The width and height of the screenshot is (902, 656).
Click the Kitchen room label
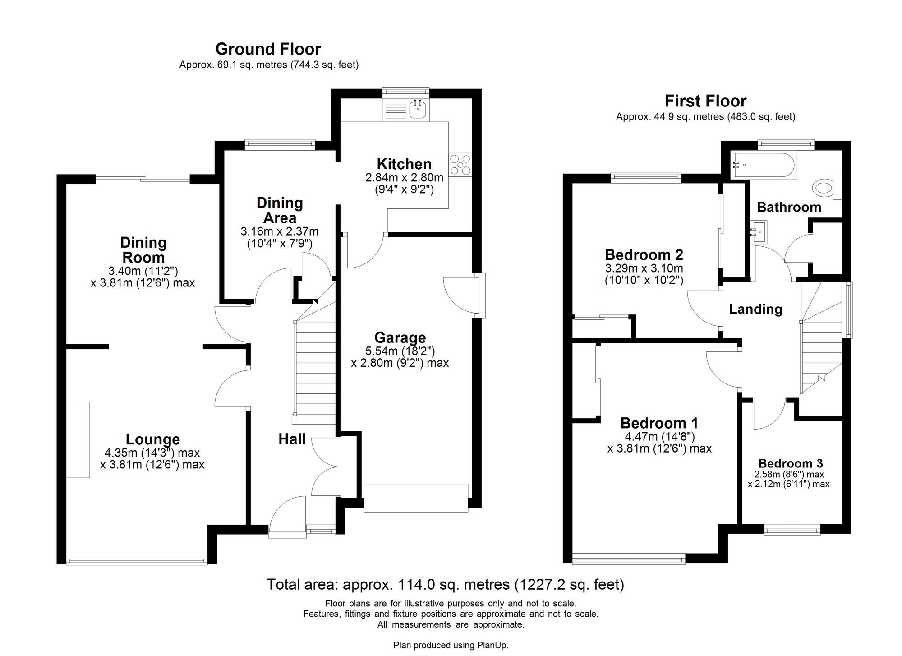404,164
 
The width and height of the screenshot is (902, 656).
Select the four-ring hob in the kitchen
460,165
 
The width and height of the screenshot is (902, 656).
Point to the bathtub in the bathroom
764,165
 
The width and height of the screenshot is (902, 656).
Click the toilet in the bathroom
824,188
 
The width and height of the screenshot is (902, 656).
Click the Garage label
400,337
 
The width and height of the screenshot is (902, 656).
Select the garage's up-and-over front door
415,498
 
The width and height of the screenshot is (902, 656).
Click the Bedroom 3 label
790,463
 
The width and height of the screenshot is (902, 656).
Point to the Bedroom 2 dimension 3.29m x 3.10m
644,268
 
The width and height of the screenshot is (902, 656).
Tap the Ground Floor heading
268,49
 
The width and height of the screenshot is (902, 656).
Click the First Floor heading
705,101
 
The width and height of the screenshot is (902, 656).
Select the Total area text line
445,584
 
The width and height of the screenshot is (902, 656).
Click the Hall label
292,439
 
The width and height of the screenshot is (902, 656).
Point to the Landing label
755,309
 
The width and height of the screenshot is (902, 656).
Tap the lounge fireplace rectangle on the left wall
78,439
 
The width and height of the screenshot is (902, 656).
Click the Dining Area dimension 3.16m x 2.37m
279,232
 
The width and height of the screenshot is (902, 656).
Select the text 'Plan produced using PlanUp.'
451,645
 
